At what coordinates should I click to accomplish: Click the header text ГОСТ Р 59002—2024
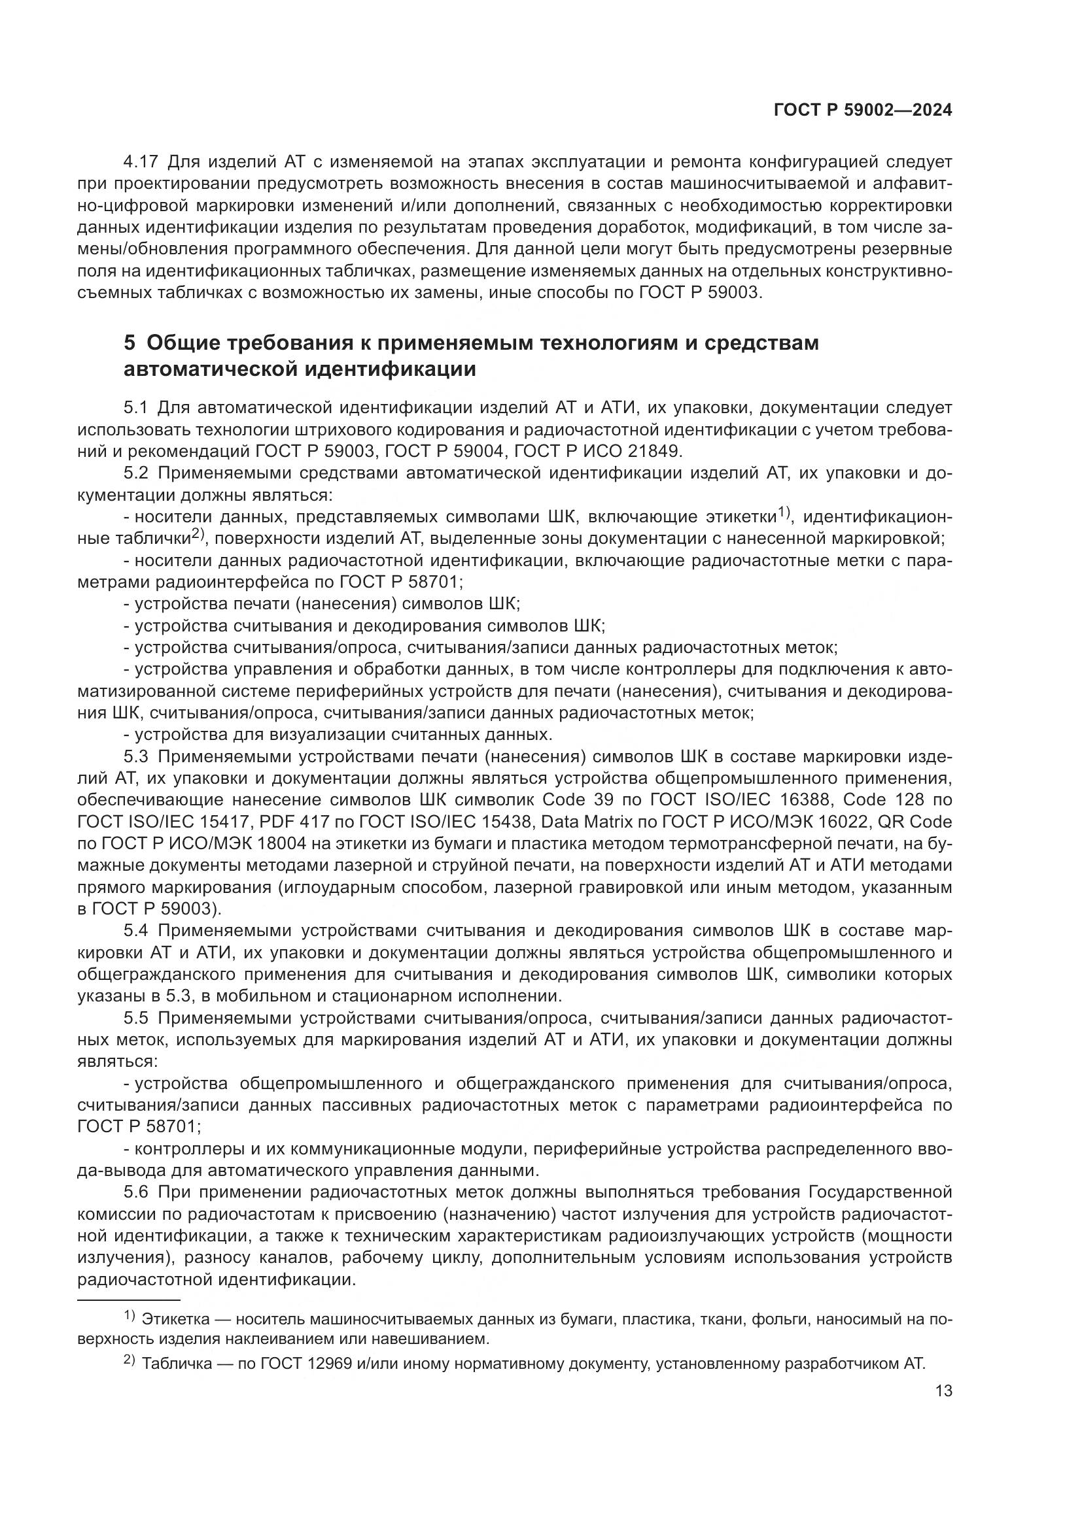point(863,110)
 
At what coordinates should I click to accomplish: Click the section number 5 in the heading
point(130,344)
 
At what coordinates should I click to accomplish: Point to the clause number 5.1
point(139,407)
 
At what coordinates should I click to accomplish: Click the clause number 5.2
point(139,473)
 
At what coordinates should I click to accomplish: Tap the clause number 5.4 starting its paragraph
point(139,931)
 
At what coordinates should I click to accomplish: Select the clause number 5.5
point(139,1018)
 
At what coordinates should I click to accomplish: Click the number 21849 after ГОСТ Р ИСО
point(654,451)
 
